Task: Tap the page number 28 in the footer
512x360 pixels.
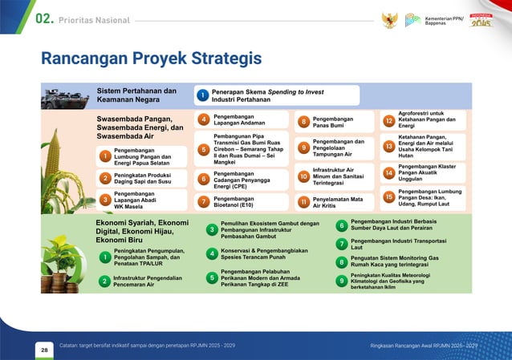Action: tap(43, 350)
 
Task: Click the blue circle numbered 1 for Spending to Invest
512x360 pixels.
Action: tap(204, 96)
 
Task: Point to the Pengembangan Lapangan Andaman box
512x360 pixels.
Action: tap(242, 120)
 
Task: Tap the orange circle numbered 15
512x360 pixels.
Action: tap(388, 197)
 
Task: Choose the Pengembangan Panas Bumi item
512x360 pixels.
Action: tap(334, 121)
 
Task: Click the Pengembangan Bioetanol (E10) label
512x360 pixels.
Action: tap(241, 201)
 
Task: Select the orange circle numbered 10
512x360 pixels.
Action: tap(303, 176)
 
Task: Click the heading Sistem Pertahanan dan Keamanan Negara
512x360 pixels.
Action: tap(137, 96)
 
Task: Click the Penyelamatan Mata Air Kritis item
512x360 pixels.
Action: tap(337, 201)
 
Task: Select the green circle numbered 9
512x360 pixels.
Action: tap(341, 281)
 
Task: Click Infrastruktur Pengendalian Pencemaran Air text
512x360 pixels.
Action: tap(145, 281)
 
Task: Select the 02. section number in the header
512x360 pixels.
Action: tap(43, 18)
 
